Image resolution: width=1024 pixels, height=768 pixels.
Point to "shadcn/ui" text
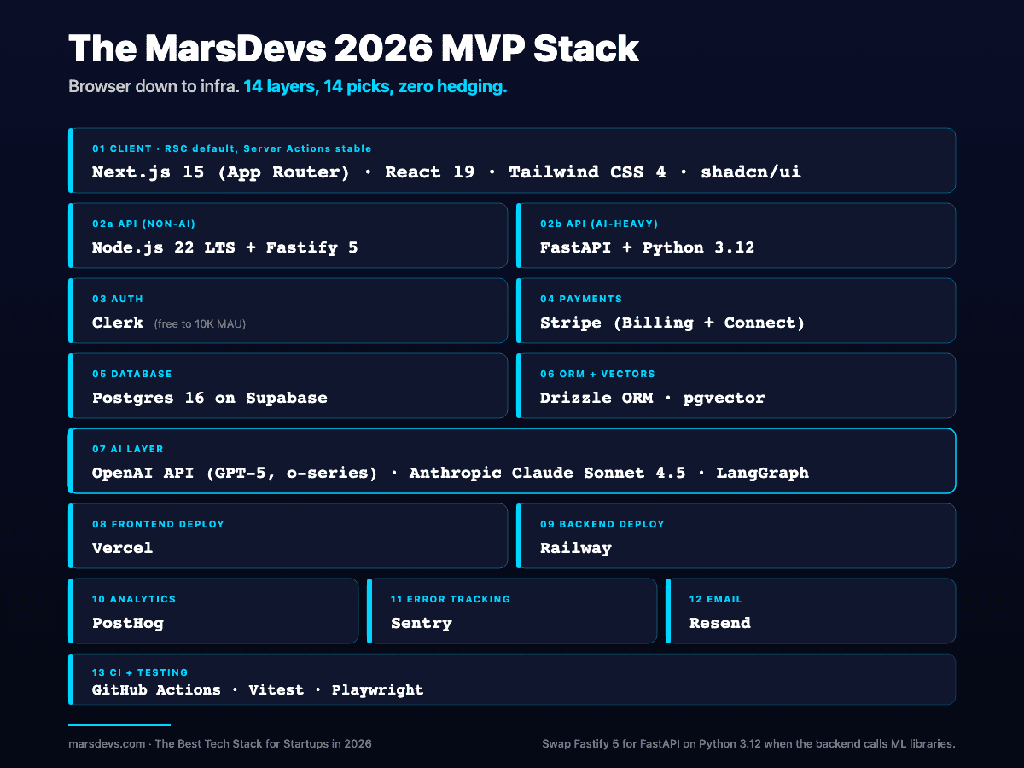(x=751, y=172)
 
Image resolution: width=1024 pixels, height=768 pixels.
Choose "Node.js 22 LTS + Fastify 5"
(x=224, y=247)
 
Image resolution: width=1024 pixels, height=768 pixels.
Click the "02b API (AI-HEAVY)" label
(x=599, y=224)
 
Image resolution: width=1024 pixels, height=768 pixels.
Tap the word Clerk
(x=118, y=323)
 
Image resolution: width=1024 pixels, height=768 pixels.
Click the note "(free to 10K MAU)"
(x=200, y=324)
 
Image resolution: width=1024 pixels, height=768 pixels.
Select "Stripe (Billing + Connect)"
(x=672, y=323)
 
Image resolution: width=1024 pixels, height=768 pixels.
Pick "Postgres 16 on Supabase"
(x=209, y=398)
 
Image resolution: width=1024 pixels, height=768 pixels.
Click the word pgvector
(x=724, y=398)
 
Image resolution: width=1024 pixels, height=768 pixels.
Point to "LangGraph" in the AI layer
(x=762, y=473)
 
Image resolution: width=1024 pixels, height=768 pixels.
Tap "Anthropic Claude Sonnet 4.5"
(x=547, y=473)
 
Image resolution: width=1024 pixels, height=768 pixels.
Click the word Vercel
(x=122, y=548)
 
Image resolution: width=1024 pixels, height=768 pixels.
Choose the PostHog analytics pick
(x=127, y=623)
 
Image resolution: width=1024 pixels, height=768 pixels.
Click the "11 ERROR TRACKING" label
(x=450, y=599)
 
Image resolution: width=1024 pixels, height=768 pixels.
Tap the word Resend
(x=719, y=623)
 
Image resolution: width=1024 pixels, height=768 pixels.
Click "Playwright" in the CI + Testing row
(x=377, y=689)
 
